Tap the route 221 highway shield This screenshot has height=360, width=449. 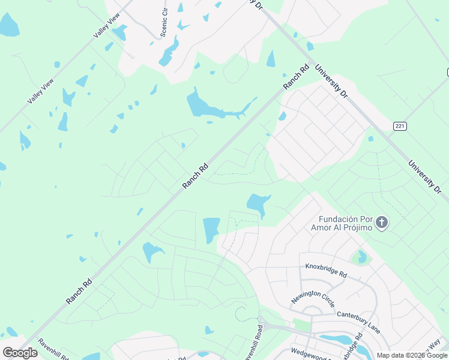pyautogui.click(x=400, y=126)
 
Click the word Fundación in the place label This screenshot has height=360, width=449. pyautogui.click(x=340, y=219)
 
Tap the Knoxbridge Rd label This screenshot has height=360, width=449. pyautogui.click(x=326, y=270)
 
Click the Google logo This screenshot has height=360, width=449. pyautogui.click(x=20, y=352)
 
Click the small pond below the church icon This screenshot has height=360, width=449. pyautogui.click(x=361, y=257)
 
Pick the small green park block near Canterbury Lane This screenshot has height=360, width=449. pyautogui.click(x=303, y=325)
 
